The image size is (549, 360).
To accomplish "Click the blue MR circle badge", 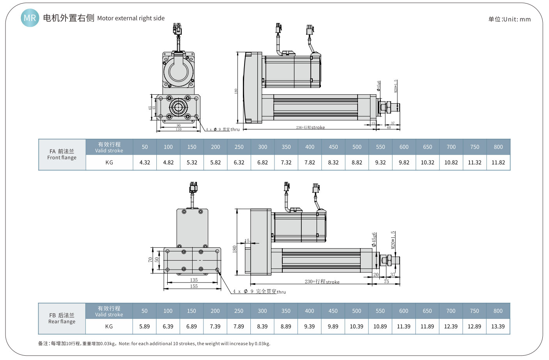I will [x=30, y=18].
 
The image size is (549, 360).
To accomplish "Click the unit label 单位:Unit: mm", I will [x=509, y=19].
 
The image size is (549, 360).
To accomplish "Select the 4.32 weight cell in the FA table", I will [x=145, y=162].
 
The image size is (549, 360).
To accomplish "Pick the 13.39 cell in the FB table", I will [x=498, y=326].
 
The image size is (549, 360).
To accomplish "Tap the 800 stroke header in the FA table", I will [x=498, y=147].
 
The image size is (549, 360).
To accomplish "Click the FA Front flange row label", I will [x=62, y=154].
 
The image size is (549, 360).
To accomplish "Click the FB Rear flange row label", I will [x=62, y=318].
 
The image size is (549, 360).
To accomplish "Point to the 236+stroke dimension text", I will [x=310, y=127].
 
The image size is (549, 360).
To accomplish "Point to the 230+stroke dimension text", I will [x=322, y=281].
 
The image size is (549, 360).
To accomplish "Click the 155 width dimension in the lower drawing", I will [x=194, y=286].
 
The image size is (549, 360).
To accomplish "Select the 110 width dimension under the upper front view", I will [x=179, y=129].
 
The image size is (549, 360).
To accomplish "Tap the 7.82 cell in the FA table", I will [x=310, y=162].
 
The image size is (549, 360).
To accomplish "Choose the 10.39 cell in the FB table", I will [x=356, y=326].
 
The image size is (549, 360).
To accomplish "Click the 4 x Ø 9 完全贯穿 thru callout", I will [x=259, y=291].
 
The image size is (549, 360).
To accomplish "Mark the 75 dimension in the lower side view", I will [x=386, y=281].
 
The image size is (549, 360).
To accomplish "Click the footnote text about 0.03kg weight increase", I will [x=154, y=344].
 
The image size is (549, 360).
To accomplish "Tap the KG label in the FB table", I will [x=109, y=326].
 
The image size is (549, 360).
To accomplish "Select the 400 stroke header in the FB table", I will [x=309, y=311].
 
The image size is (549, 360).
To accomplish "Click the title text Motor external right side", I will [x=131, y=18].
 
